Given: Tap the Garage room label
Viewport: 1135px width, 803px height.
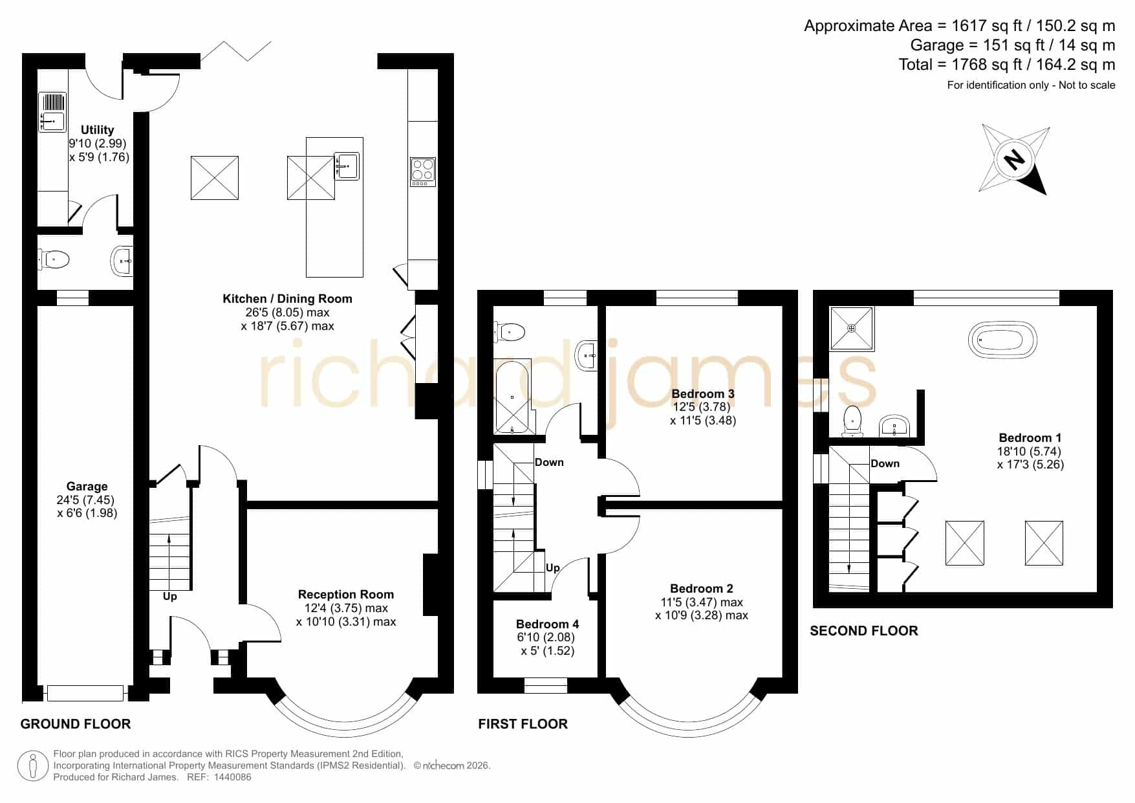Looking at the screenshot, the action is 87,487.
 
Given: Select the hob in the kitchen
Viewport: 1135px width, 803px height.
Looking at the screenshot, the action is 423,172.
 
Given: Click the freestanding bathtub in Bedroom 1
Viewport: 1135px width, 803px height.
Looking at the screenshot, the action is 1002,340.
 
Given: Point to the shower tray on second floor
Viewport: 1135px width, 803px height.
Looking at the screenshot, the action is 852,328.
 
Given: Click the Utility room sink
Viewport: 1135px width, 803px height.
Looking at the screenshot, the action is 52,113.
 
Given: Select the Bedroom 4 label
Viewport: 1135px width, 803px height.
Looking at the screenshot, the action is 547,624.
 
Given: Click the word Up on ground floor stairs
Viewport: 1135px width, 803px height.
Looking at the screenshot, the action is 169,597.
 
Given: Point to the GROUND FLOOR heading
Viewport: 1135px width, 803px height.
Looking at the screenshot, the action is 76,724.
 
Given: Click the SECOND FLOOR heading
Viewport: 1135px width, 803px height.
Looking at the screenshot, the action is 864,631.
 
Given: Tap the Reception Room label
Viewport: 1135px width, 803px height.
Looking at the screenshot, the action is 346,595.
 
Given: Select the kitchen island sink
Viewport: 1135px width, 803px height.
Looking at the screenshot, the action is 347,166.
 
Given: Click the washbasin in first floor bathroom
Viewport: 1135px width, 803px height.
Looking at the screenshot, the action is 587,355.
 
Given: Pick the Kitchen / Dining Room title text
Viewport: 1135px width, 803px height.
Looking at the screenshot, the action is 287,299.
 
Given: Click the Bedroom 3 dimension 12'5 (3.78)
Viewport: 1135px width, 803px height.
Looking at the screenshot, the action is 702,407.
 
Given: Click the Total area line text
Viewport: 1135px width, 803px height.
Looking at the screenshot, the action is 1007,65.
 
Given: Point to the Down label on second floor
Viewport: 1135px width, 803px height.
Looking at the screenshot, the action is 885,464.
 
